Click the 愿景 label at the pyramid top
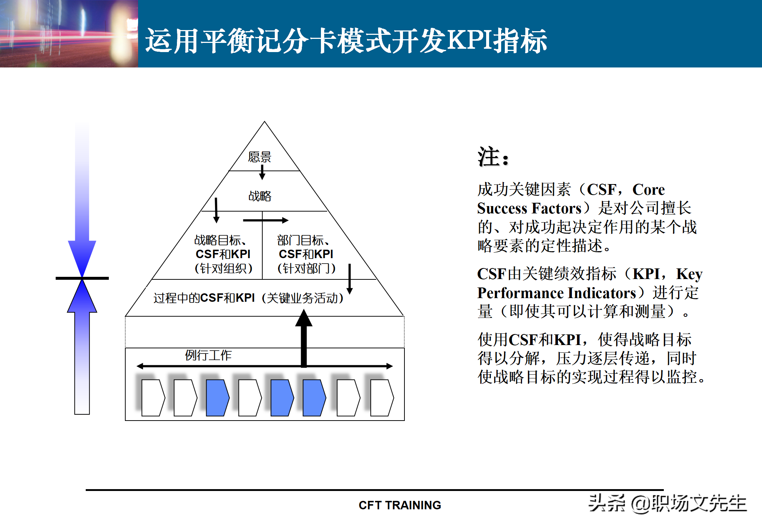tap(259, 157)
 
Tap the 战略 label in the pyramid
tap(260, 196)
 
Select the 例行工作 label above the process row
tap(208, 355)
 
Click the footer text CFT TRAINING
tap(400, 505)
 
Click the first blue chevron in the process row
tap(217, 397)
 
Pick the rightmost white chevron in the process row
tap(381, 397)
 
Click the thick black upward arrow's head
tap(304, 318)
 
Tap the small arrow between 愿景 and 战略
tap(262, 172)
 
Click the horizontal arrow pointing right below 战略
tap(266, 220)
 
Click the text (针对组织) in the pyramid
tap(223, 268)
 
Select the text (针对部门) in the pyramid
tap(306, 268)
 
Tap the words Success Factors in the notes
tap(529, 208)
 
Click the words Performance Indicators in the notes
tap(556, 293)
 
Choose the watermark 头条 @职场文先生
tap(667, 503)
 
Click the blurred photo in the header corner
tap(69, 33)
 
